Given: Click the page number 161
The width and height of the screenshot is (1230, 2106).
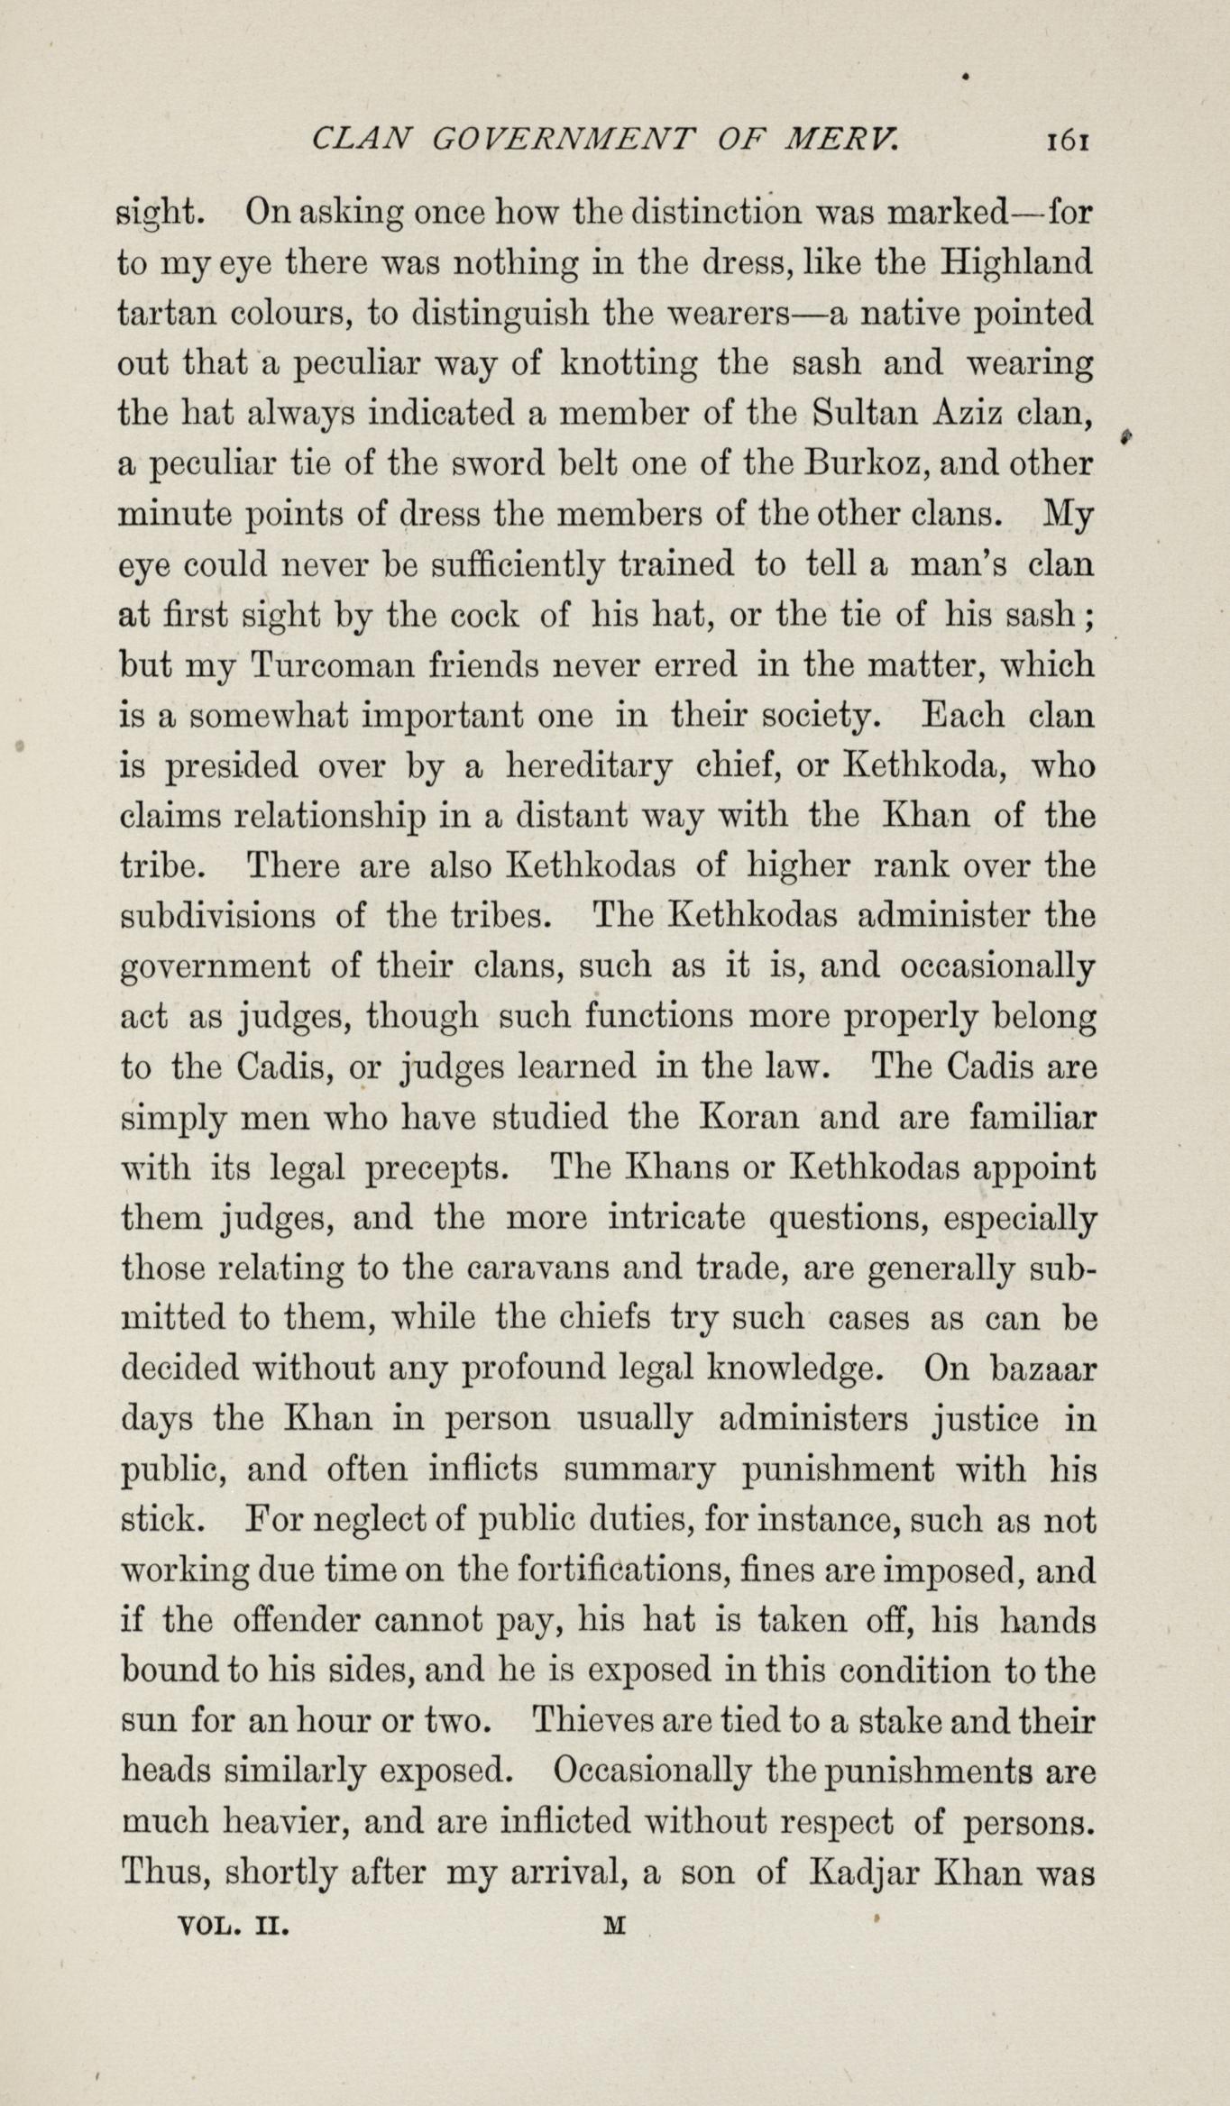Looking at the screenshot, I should pyautogui.click(x=1069, y=141).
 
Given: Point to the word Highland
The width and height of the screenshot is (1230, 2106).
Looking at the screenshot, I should pyautogui.click(x=1017, y=263).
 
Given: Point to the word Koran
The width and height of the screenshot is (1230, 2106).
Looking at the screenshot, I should pyautogui.click(x=750, y=1118).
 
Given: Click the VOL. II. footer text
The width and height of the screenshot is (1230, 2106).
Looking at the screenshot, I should pyautogui.click(x=234, y=1926).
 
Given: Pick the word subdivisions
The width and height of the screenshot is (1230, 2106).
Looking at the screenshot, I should pyautogui.click(x=218, y=916).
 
